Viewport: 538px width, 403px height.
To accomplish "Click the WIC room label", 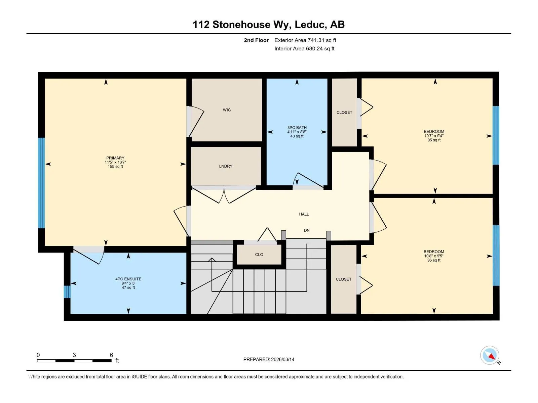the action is coord(227,110).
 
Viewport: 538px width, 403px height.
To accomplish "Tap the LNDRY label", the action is coord(226,166).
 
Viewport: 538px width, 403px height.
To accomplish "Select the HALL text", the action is coord(304,214).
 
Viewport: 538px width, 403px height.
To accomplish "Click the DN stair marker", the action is coord(307,230).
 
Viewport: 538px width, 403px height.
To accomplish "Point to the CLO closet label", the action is coord(259,255).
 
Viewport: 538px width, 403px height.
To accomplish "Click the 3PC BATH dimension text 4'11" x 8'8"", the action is coord(297,132).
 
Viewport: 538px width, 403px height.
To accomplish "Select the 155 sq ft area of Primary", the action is coord(115,167).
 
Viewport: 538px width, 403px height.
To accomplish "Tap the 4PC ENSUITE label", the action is coord(128,279).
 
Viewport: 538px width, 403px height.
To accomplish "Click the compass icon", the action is coord(490,355).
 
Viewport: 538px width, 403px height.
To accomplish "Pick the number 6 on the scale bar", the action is coord(111,355).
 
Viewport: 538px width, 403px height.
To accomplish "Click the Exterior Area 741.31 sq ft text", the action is coord(305,40).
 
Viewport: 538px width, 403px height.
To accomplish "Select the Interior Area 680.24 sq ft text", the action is coord(304,48).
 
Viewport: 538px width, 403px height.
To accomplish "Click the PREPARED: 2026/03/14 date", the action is coord(269,359).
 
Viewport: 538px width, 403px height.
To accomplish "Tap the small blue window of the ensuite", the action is coord(67,292).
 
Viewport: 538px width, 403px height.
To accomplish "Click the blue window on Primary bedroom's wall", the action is coord(41,183).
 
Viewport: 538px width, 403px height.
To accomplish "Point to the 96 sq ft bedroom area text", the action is coord(433,260).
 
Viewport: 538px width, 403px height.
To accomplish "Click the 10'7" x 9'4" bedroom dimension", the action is coord(434,136).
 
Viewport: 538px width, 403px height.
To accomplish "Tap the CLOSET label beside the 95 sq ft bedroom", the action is coord(344,113).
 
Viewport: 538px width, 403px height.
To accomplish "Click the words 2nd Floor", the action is coord(256,40).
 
